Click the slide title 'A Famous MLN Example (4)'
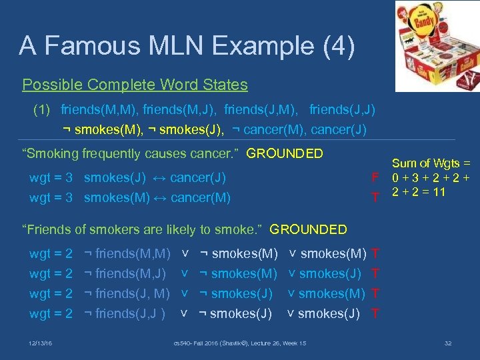pos(187,46)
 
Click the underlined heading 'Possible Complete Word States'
pos(135,85)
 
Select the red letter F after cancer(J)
pos(376,178)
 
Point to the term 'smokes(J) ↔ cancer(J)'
pos(155,178)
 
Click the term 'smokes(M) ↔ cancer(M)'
pos(157,197)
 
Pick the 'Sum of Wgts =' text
pos(431,163)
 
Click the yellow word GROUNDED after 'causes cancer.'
pos(285,153)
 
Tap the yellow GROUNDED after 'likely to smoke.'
pos(308,229)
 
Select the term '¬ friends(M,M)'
pos(127,254)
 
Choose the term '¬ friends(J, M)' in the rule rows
pos(127,293)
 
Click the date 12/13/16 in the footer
pos(41,343)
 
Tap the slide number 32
pos(448,343)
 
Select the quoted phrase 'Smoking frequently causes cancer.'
pos(131,153)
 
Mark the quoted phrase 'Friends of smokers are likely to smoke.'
pos(143,229)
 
